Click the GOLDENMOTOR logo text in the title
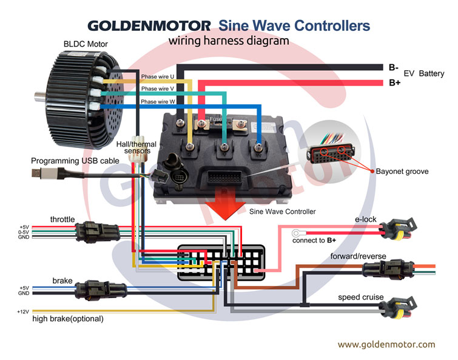click(149, 26)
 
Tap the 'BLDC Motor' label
click(86, 44)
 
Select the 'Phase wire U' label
click(157, 77)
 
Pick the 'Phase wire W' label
click(157, 102)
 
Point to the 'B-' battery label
click(394, 67)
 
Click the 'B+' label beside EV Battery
click(394, 82)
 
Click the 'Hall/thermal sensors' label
click(135, 148)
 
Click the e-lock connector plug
click(395, 228)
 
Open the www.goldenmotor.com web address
click(386, 344)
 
